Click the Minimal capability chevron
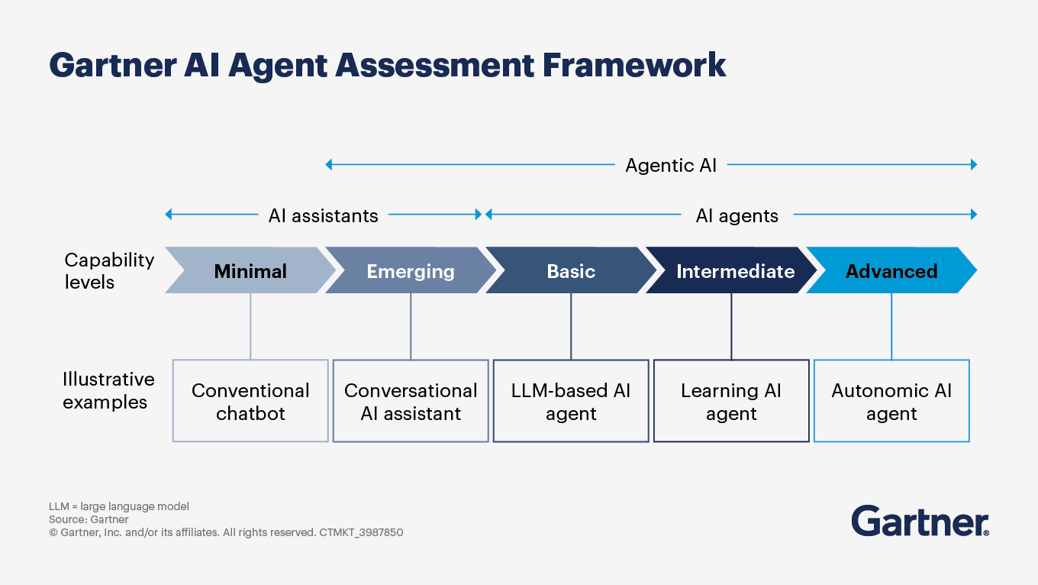coord(250,271)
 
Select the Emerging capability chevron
coord(411,271)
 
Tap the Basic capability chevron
coord(571,271)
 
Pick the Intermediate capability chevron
coord(735,271)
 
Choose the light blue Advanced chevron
coord(891,271)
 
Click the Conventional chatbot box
coord(250,401)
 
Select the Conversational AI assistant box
coord(411,401)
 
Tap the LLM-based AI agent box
coord(571,401)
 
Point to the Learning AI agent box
coord(731,401)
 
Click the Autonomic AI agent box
coord(891,401)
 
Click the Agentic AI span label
coord(671,165)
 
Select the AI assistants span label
coord(323,215)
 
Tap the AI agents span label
coord(737,215)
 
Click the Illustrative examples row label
coord(108,390)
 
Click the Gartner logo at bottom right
coord(920,521)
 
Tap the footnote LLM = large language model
coord(119,506)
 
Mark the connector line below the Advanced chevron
coord(891,326)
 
